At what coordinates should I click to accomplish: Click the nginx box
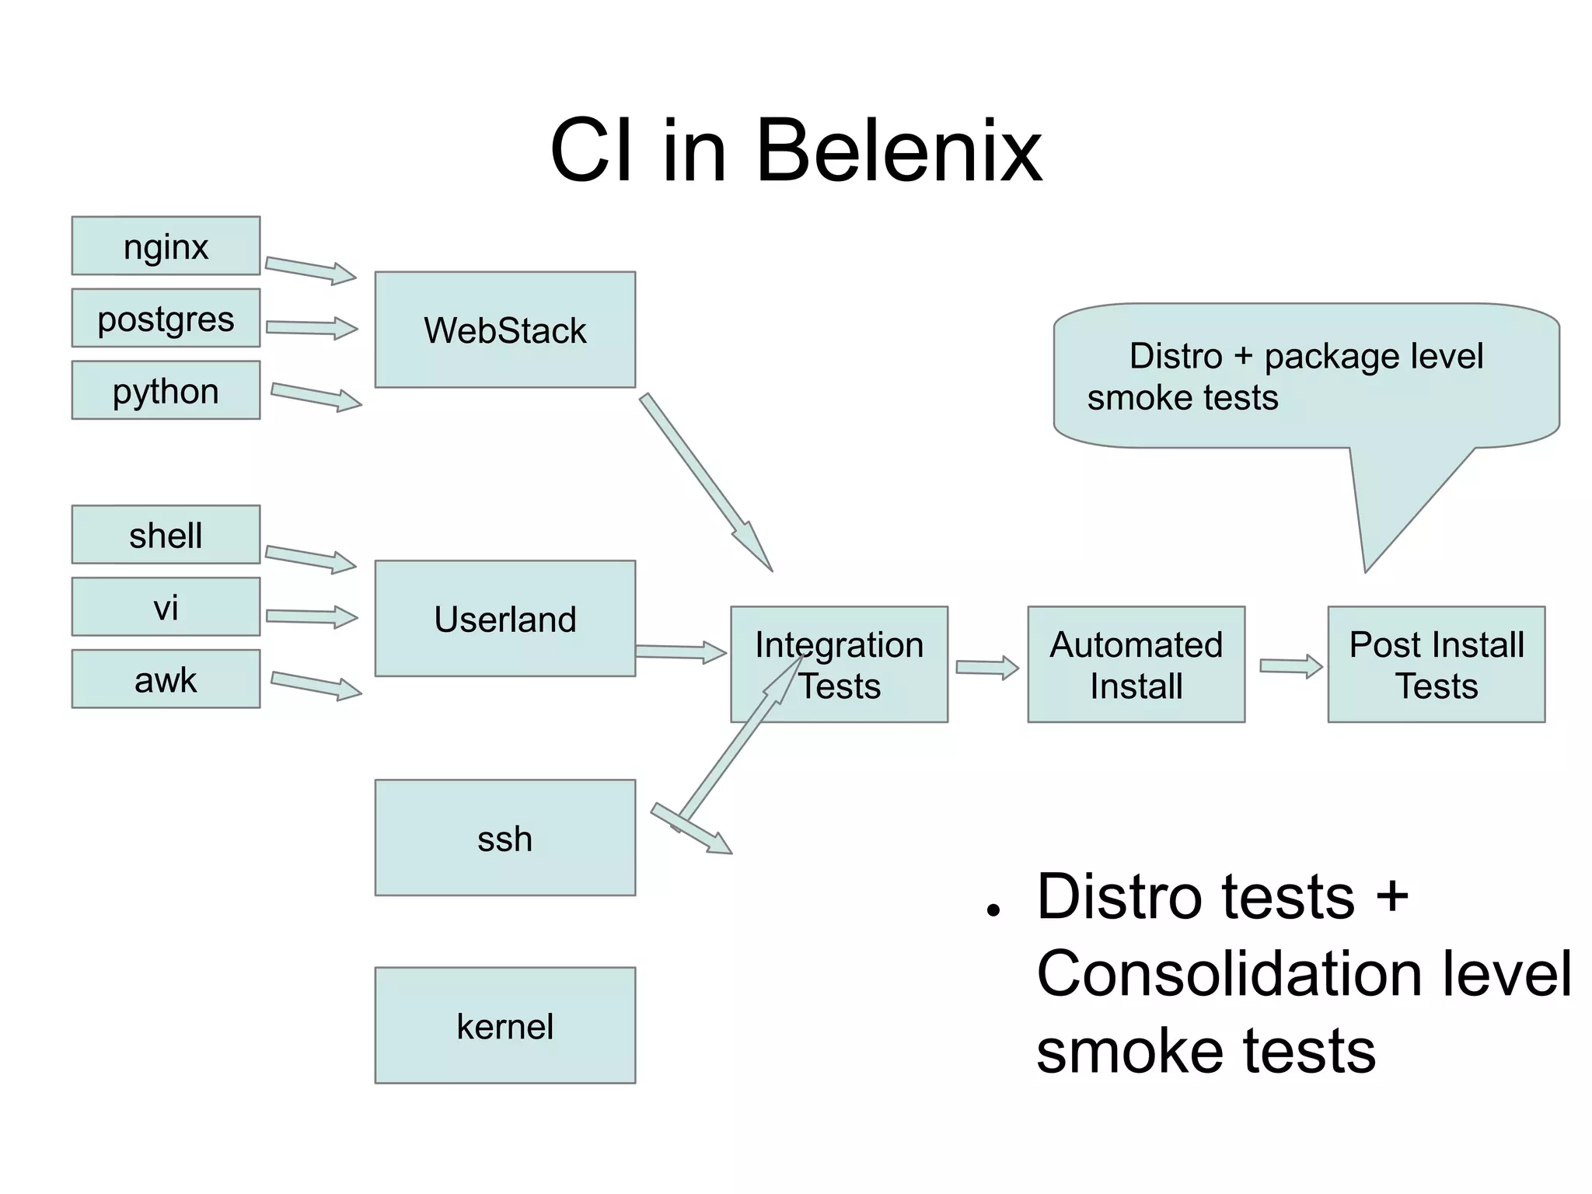click(x=166, y=246)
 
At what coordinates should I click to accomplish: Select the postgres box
click(x=166, y=319)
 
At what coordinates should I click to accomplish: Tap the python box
click(x=166, y=390)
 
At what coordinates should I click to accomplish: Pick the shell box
click(x=166, y=535)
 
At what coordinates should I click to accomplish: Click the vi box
click(x=166, y=607)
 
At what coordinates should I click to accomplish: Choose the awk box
click(x=166, y=679)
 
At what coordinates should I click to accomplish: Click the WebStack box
click(x=504, y=330)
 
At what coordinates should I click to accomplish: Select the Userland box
click(x=504, y=619)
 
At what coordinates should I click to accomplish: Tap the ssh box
click(x=504, y=838)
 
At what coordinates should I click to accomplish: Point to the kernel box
click(x=504, y=1025)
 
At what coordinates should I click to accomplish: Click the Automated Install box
click(x=1136, y=665)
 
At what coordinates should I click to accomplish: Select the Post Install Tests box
click(x=1436, y=665)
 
